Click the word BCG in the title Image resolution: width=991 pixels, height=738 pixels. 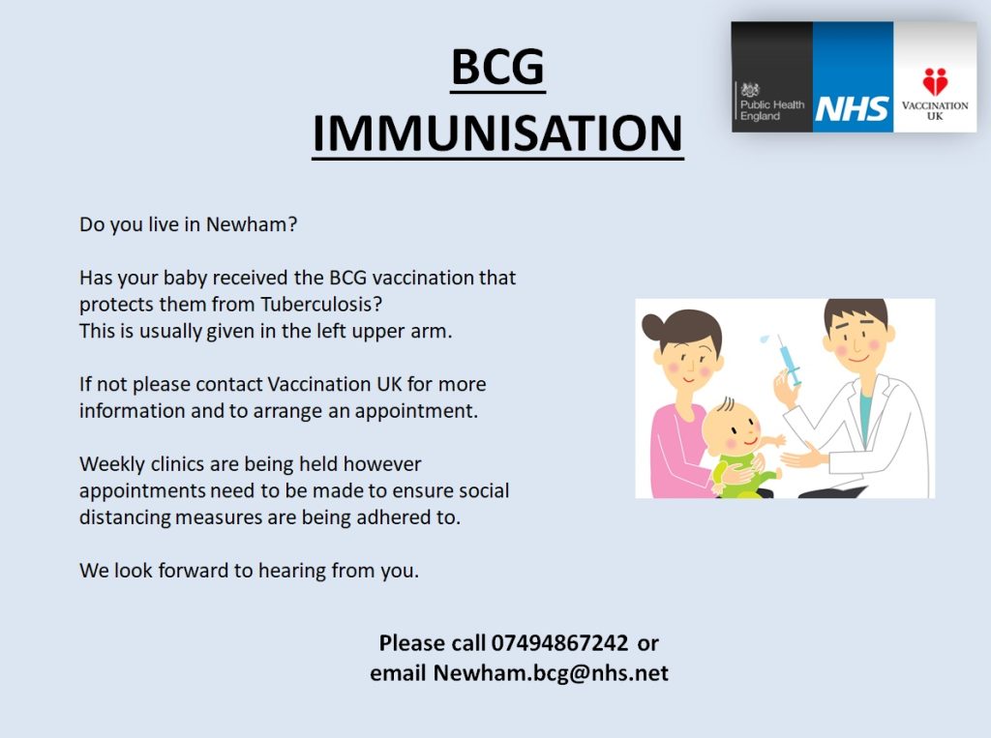pyautogui.click(x=498, y=67)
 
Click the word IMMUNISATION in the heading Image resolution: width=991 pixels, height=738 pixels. pyautogui.click(x=498, y=133)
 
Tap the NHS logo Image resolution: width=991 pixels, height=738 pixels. pyautogui.click(x=852, y=108)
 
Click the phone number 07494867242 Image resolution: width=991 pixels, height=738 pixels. pyautogui.click(x=560, y=643)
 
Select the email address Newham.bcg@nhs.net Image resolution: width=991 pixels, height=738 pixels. pyautogui.click(x=551, y=673)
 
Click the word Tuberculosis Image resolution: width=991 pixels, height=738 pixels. pyautogui.click(x=321, y=304)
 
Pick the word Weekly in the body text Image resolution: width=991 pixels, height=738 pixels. pyautogui.click(x=112, y=464)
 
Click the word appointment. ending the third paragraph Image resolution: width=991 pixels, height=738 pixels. pyautogui.click(x=416, y=411)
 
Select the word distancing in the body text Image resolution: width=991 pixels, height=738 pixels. pyautogui.click(x=125, y=517)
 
